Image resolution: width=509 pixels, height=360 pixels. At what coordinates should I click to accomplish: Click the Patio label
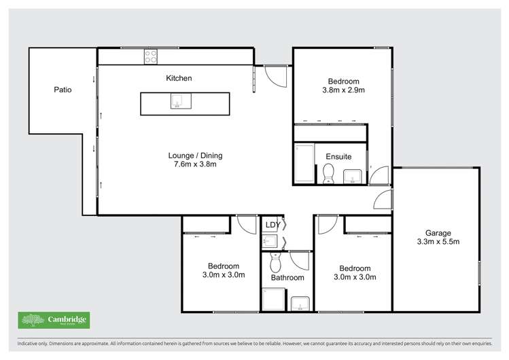click(x=63, y=89)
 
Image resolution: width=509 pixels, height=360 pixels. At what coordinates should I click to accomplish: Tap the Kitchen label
click(x=179, y=78)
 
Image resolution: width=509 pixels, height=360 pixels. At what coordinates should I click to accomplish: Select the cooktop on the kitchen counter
click(x=151, y=57)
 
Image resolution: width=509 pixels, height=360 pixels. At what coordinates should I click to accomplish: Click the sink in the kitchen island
click(x=176, y=103)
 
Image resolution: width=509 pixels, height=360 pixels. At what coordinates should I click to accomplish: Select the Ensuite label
click(x=338, y=156)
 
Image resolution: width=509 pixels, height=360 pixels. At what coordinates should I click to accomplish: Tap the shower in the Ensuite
click(x=304, y=163)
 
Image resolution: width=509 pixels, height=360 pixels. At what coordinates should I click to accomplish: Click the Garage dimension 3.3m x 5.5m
click(x=438, y=242)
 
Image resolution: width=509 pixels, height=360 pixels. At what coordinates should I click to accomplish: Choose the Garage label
click(x=438, y=233)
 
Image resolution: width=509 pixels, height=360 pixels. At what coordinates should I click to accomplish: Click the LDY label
click(x=273, y=225)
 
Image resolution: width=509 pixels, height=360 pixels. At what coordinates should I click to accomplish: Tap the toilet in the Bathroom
click(x=275, y=261)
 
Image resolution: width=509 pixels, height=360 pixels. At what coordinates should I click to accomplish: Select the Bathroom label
click(x=287, y=277)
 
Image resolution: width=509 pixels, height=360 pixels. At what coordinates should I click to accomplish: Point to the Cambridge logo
click(x=54, y=320)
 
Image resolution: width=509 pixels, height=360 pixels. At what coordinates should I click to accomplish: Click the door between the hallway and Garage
click(x=384, y=200)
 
